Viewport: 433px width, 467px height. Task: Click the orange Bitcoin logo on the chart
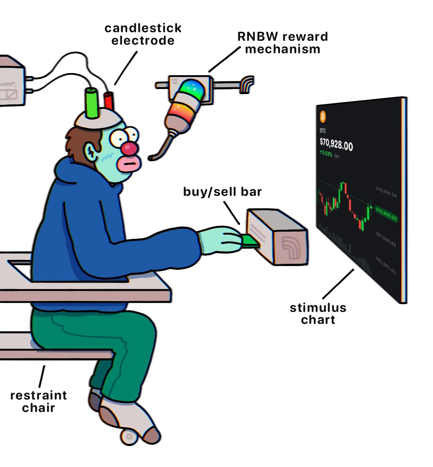323,116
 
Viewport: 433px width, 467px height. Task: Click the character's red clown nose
130,149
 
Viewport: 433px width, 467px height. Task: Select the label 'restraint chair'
38,401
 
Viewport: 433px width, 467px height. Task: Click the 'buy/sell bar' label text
222,192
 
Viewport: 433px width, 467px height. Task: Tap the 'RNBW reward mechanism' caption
283,42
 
